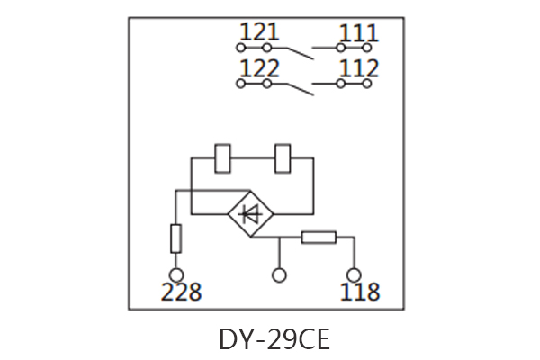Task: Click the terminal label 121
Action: (x=260, y=32)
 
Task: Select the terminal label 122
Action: (x=260, y=68)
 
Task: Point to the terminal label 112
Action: (x=359, y=68)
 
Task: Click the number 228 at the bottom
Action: (x=181, y=292)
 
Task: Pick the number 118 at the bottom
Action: (x=359, y=292)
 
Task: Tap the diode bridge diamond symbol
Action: (x=251, y=214)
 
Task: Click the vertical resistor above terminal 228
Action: (x=177, y=238)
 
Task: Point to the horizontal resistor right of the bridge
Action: (x=319, y=238)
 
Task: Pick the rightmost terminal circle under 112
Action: (x=367, y=84)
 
